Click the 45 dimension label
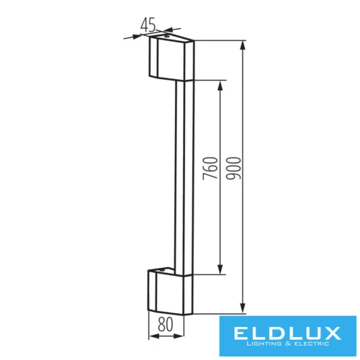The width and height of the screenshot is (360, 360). [x=149, y=25]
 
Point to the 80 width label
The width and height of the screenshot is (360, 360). [x=165, y=325]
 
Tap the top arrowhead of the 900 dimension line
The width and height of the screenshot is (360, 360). [x=245, y=44]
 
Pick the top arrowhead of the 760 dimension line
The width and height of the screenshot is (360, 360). [x=221, y=84]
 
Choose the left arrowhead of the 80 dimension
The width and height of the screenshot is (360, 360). [x=152, y=336]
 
